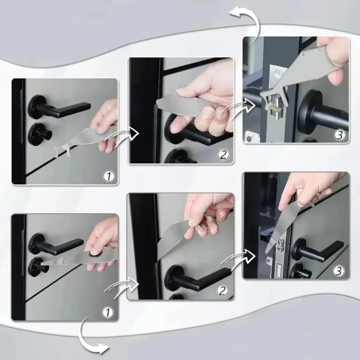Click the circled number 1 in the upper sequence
108,176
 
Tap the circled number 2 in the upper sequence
224,155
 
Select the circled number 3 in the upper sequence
339,135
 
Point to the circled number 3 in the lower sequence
339,271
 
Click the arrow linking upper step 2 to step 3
234,108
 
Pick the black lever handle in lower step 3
317,248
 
